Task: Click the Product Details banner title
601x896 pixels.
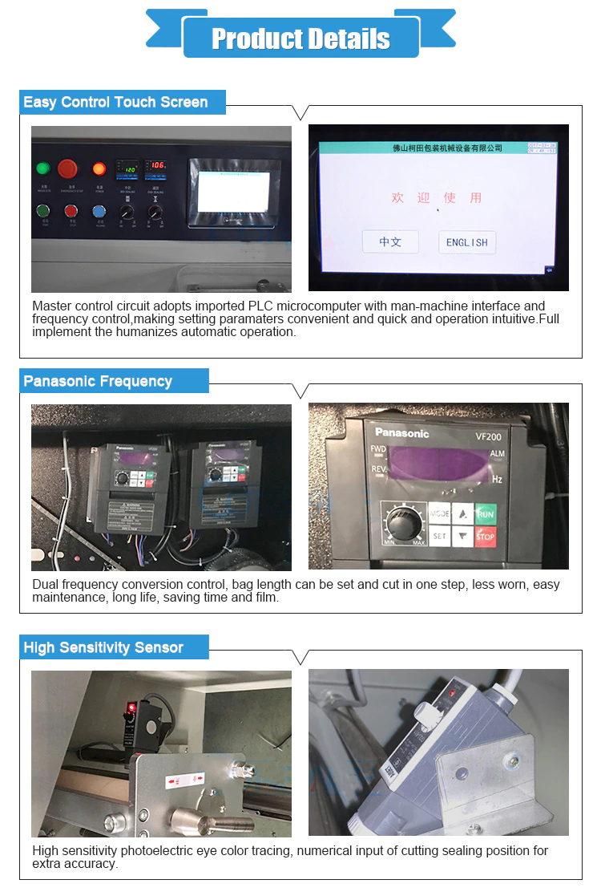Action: tap(300, 39)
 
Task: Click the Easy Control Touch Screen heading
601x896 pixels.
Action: tap(115, 102)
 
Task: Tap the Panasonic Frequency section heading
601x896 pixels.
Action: tap(98, 381)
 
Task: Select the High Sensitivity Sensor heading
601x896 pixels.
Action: tap(103, 647)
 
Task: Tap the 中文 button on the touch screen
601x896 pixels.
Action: tap(390, 241)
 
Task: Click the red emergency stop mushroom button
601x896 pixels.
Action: tap(67, 168)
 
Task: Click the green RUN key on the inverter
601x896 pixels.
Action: tap(486, 513)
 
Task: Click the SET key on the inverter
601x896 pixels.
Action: tap(440, 536)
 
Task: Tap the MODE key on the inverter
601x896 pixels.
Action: tap(440, 513)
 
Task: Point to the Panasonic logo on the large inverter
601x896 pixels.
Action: tap(402, 433)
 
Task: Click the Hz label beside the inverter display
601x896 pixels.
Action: tap(497, 479)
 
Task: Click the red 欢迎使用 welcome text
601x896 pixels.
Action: tap(437, 197)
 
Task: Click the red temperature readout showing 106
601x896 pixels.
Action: tap(156, 165)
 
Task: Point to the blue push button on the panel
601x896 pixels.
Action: tap(99, 212)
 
